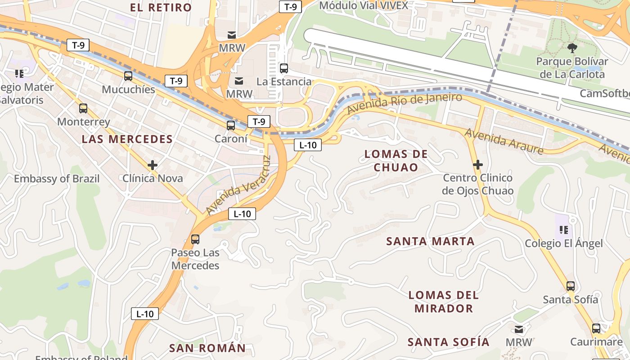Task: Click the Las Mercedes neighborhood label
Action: (x=127, y=139)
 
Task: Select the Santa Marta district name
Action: (x=431, y=241)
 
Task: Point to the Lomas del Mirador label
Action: (x=443, y=301)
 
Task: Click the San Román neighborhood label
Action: (x=207, y=348)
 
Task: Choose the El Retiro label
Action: (x=161, y=7)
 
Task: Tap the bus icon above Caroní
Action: (x=231, y=125)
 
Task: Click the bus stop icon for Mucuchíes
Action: (x=128, y=76)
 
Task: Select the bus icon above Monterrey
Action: (x=83, y=108)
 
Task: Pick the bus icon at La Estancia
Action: (x=284, y=68)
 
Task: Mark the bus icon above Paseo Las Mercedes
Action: (x=195, y=239)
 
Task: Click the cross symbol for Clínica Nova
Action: (x=153, y=165)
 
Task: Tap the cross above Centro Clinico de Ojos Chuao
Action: (x=477, y=165)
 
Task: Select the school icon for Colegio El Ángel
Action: (x=563, y=230)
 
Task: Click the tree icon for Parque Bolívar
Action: (x=572, y=48)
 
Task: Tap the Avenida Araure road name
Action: (x=504, y=141)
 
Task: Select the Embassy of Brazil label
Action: (x=57, y=179)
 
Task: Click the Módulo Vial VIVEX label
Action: (x=364, y=5)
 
